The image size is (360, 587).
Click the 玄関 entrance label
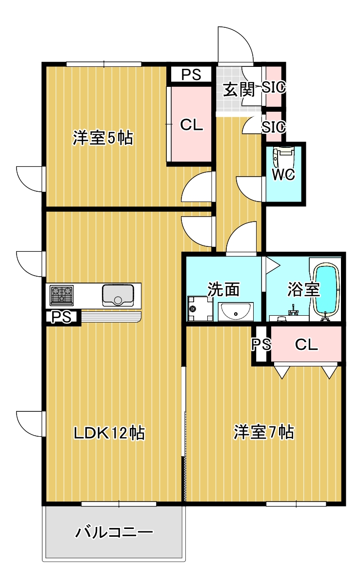(x=239, y=89)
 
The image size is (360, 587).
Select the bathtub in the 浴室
(x=326, y=290)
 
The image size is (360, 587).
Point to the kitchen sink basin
(x=118, y=295)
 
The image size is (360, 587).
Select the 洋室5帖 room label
(x=102, y=138)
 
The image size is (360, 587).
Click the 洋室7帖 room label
(x=263, y=432)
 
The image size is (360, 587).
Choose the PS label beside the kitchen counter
(x=62, y=317)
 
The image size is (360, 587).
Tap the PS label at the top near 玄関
(x=191, y=75)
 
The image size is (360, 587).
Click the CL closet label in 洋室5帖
(x=191, y=125)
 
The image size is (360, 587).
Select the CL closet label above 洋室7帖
(x=307, y=345)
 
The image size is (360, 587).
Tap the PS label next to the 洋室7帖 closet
(x=260, y=345)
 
